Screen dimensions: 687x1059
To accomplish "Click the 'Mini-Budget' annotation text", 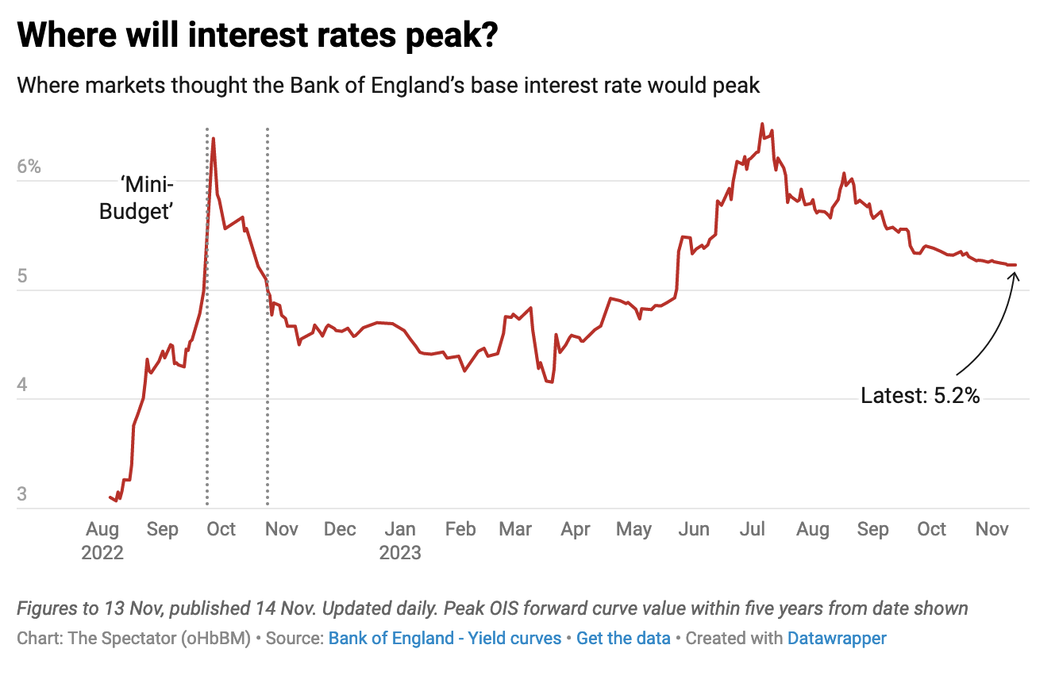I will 137,199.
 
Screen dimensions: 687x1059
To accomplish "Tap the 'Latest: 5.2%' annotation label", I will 919,395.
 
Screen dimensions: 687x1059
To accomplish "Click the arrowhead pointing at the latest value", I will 1014,273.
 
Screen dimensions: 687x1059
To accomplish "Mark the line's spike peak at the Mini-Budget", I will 213,139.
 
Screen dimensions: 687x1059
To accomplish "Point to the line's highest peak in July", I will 762,124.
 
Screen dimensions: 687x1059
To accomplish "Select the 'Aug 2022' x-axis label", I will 102,540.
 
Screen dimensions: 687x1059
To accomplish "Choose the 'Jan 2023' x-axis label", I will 400,540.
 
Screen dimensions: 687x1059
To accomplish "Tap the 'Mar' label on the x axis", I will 516,529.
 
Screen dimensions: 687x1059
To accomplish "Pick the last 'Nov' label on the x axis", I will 992,529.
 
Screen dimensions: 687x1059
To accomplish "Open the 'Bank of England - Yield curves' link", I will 445,638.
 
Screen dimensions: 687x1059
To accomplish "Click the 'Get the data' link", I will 623,638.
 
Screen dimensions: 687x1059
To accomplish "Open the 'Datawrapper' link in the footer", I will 837,638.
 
